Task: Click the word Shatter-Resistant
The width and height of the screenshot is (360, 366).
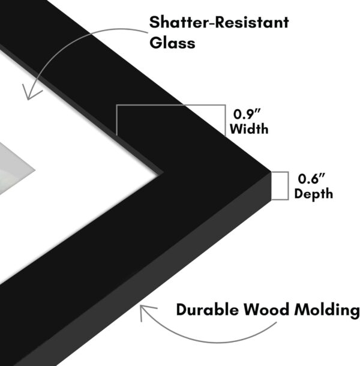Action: tap(218, 23)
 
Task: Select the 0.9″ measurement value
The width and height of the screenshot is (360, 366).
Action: tap(244, 113)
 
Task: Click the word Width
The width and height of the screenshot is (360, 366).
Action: tap(248, 128)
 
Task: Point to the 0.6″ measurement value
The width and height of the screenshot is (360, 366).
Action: tap(311, 179)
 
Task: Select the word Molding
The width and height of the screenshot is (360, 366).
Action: tap(328, 310)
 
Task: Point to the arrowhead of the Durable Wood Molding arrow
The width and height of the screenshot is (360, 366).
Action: tap(142, 311)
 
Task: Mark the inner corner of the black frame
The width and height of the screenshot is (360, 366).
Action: tap(160, 172)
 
